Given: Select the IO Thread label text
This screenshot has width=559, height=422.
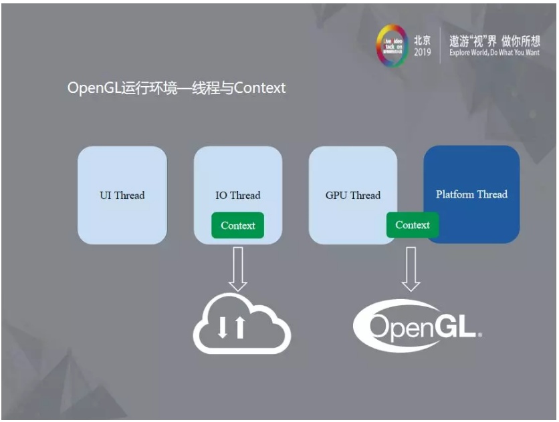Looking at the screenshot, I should coord(238,195).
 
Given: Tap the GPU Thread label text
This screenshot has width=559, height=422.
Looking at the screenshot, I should coord(353,195).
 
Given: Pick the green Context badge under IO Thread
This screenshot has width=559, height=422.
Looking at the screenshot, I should coord(238,226).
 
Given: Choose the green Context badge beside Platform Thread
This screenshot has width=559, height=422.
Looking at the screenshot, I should coord(413,225).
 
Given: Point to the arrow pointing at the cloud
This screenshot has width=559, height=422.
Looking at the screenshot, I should coord(238,268).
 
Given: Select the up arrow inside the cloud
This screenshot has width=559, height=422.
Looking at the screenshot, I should coord(239,327).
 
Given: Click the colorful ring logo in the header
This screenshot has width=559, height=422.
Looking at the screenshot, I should coord(391,46).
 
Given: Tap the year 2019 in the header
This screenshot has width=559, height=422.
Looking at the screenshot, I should coord(422,52).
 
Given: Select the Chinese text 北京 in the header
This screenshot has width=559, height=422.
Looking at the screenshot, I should coord(422,39).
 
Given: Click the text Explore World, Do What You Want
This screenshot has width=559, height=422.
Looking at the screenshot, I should coord(493,52).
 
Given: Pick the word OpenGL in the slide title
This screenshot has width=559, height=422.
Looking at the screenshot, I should coord(94,88).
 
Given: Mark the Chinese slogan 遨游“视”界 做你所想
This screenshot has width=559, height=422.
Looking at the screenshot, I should coord(493,39).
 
